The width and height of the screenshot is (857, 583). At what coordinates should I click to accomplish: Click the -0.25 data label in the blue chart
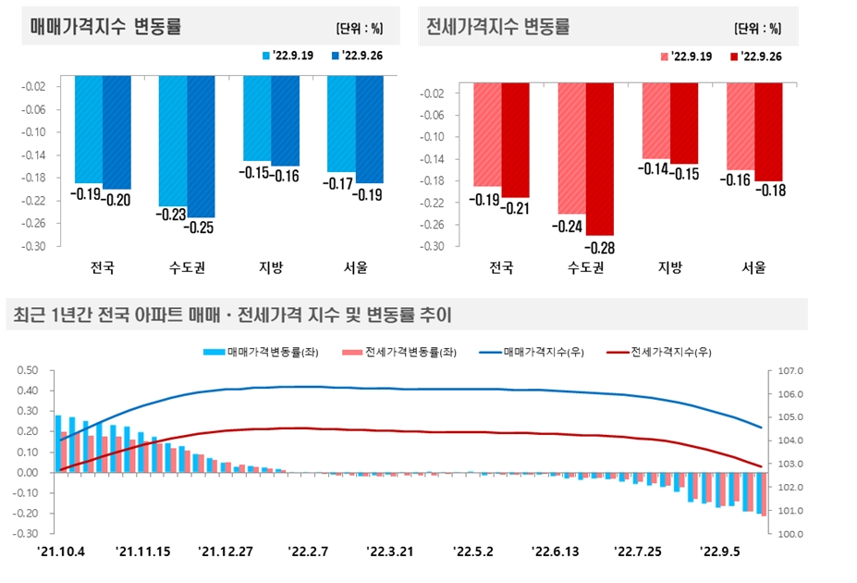click(x=201, y=227)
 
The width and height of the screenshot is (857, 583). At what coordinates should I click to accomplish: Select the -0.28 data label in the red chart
click(x=599, y=248)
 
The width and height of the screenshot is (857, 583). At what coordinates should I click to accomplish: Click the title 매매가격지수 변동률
click(x=105, y=27)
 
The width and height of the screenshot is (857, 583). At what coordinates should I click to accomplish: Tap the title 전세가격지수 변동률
click(x=498, y=27)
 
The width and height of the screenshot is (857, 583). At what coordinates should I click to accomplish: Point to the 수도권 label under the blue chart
click(x=187, y=268)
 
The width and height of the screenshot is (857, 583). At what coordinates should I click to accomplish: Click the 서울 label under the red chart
click(x=753, y=268)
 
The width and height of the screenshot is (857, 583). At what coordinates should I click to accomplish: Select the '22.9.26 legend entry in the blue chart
click(x=361, y=56)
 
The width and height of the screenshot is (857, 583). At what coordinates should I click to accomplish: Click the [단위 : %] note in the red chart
click(x=757, y=28)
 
